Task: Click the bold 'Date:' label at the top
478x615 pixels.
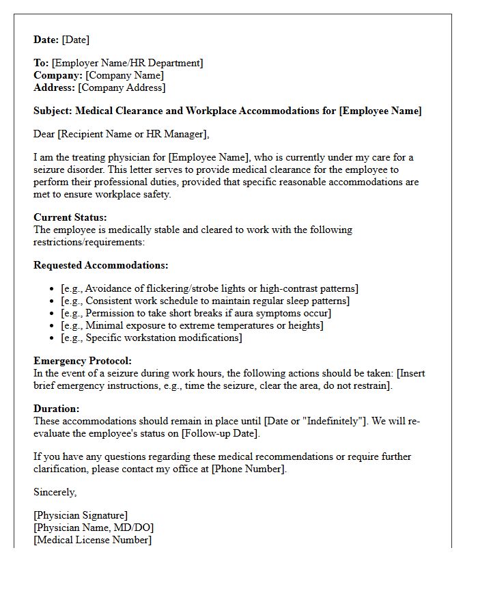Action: click(x=46, y=40)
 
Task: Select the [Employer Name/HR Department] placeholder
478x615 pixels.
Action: click(x=127, y=63)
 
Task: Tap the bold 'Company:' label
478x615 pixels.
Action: click(x=58, y=75)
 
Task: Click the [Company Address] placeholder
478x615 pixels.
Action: click(x=122, y=87)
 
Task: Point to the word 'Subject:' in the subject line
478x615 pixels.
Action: click(x=53, y=111)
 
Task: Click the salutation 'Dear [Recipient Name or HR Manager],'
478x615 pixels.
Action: click(x=122, y=134)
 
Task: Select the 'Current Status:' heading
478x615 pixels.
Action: click(x=70, y=217)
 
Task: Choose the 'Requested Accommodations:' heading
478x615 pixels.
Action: click(x=101, y=265)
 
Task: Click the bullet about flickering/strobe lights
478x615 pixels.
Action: click(x=210, y=288)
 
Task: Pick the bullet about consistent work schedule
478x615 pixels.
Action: click(x=205, y=301)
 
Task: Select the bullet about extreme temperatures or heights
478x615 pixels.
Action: click(x=192, y=325)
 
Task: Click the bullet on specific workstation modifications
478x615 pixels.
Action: click(x=152, y=338)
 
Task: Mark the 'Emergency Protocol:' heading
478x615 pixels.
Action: click(x=83, y=361)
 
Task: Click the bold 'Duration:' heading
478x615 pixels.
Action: click(x=57, y=409)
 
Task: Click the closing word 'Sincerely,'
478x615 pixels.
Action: click(x=55, y=492)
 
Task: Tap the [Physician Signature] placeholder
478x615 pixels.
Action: click(x=81, y=515)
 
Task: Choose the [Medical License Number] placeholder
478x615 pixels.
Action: click(x=92, y=540)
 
